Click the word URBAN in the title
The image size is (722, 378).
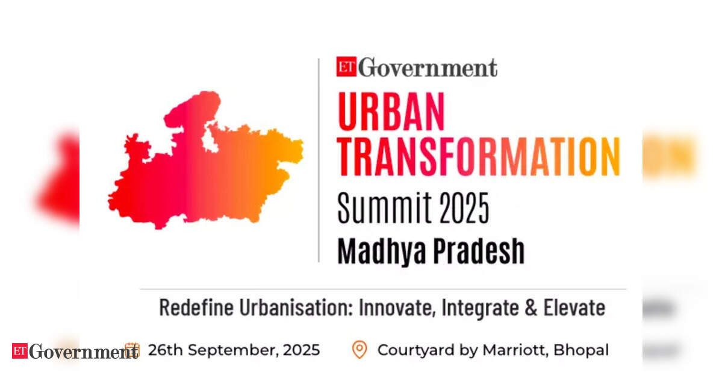(x=391, y=111)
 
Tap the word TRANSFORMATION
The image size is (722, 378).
(x=479, y=156)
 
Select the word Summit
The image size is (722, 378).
(x=384, y=208)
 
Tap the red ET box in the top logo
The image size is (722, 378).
(x=346, y=66)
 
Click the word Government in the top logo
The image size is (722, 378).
(x=428, y=68)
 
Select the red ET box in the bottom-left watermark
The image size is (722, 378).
(x=20, y=351)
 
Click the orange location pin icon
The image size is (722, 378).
(x=359, y=350)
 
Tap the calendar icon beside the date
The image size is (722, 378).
(x=132, y=350)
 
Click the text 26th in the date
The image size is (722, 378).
(x=166, y=350)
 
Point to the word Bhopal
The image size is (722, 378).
(x=581, y=350)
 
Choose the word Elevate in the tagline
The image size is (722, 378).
(x=574, y=307)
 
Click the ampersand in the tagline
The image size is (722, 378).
(x=531, y=308)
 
